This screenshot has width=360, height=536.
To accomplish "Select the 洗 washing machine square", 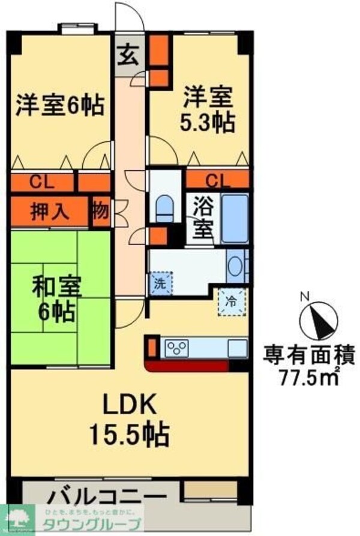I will (x=160, y=283).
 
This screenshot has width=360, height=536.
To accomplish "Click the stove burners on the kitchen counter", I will (x=177, y=347).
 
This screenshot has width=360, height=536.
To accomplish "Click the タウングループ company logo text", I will (x=91, y=523).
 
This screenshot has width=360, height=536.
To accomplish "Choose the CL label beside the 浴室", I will (x=217, y=179).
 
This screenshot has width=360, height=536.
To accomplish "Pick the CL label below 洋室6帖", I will (x=41, y=182).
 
